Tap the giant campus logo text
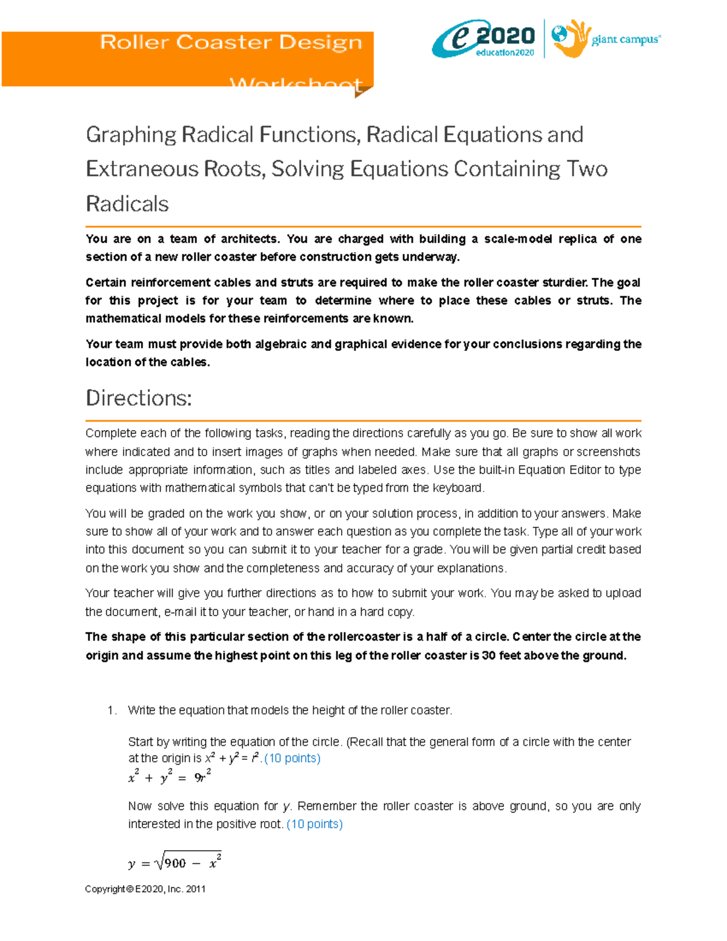[x=625, y=40]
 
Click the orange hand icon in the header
[x=571, y=39]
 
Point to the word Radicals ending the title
[x=127, y=204]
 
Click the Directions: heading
[x=139, y=398]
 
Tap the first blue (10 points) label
[x=293, y=758]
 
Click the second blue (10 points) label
[x=314, y=824]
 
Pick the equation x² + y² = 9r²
[x=170, y=777]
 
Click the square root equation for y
[x=174, y=863]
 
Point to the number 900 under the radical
[x=175, y=863]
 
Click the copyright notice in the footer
[x=145, y=889]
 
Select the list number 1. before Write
[x=111, y=710]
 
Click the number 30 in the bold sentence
[x=488, y=655]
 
